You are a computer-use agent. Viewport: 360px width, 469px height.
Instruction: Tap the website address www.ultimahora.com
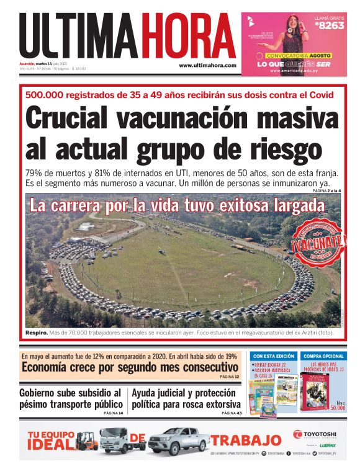click(207, 65)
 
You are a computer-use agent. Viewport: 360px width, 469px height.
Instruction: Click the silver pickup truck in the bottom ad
click(178, 441)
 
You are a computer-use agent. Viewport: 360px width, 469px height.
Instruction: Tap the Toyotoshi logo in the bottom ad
click(313, 434)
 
